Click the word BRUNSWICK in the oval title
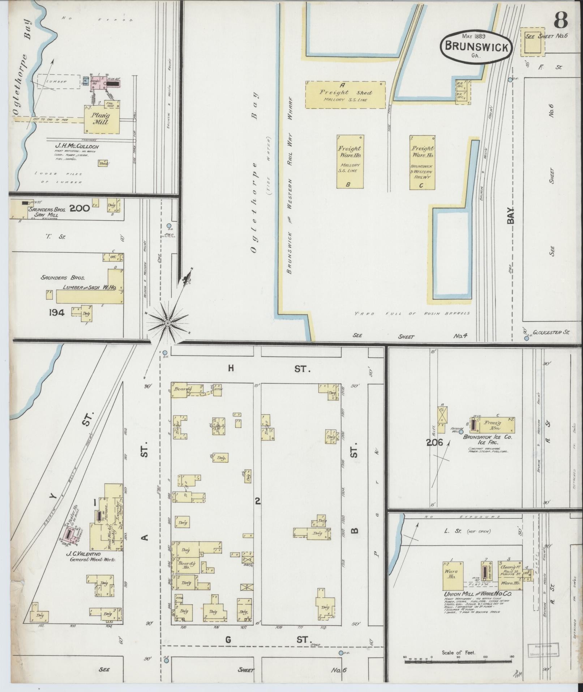[x=476, y=47]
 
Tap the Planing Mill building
[x=102, y=120]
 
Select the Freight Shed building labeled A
[x=345, y=95]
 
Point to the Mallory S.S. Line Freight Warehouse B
[x=350, y=162]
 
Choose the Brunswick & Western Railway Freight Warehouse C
[x=423, y=162]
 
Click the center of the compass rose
[x=168, y=323]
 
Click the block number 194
[x=57, y=312]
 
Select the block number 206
[x=434, y=442]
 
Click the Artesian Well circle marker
[x=460, y=432]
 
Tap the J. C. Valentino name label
[x=85, y=554]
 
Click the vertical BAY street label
[x=511, y=216]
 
